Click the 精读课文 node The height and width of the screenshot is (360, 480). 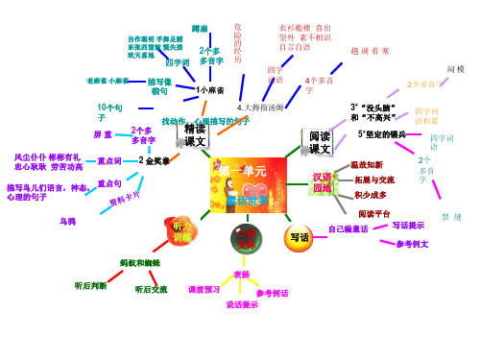click(x=196, y=135)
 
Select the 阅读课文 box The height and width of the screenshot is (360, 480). click(x=320, y=141)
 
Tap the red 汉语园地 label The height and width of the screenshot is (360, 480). click(x=322, y=182)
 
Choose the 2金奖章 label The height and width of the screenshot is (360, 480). click(x=154, y=160)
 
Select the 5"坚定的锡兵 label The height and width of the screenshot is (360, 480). click(x=381, y=134)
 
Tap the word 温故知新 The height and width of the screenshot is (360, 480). click(x=366, y=165)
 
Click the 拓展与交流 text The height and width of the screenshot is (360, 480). click(x=373, y=180)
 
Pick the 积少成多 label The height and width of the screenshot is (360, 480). click(x=370, y=194)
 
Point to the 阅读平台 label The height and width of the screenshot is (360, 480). click(x=373, y=212)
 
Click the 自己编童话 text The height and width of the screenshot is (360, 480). click(x=348, y=229)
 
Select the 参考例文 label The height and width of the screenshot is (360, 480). click(x=412, y=244)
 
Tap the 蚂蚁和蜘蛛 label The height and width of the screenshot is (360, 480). click(x=139, y=262)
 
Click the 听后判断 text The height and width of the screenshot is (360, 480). click(x=90, y=285)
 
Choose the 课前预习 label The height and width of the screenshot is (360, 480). click(x=204, y=289)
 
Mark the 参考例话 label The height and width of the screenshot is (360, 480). click(x=273, y=292)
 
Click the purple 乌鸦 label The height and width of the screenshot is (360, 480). click(x=67, y=222)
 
